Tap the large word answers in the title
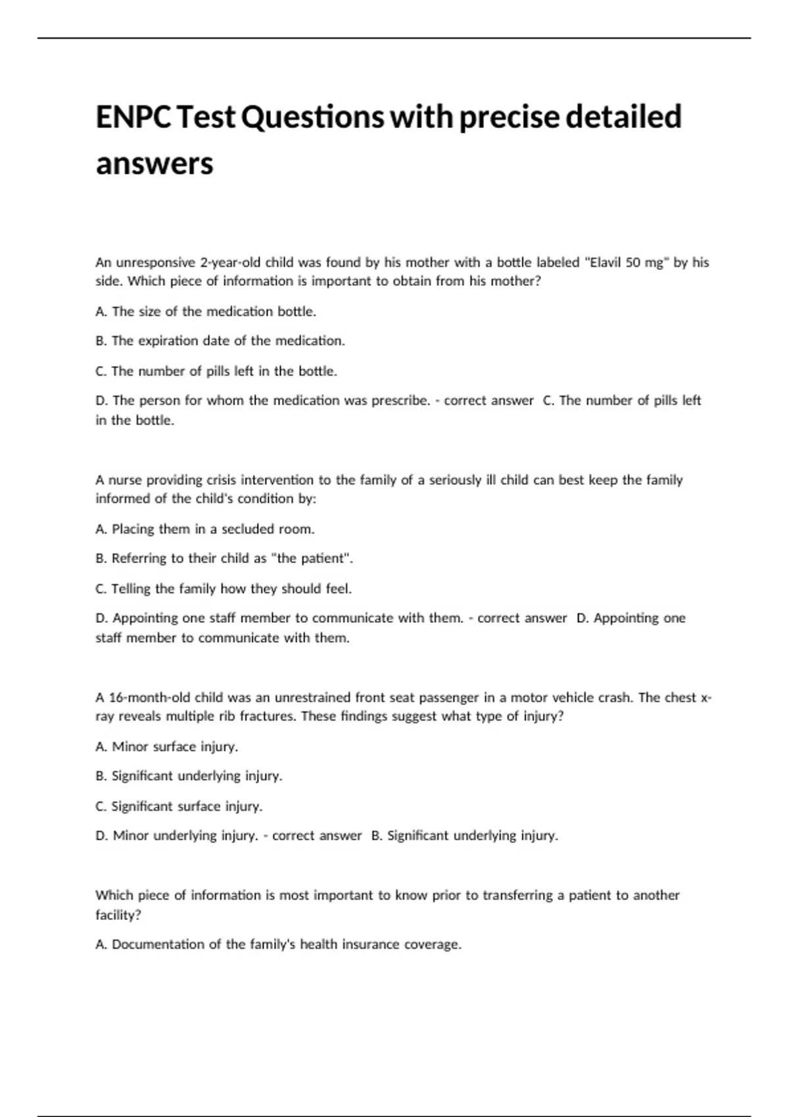(x=155, y=164)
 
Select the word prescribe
(x=400, y=400)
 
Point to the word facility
(x=116, y=914)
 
